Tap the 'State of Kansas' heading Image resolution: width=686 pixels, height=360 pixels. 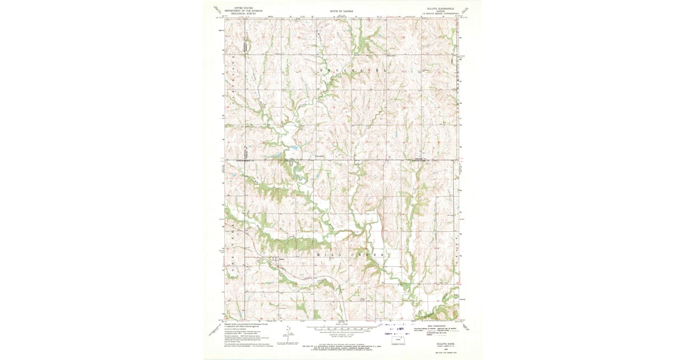342,11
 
